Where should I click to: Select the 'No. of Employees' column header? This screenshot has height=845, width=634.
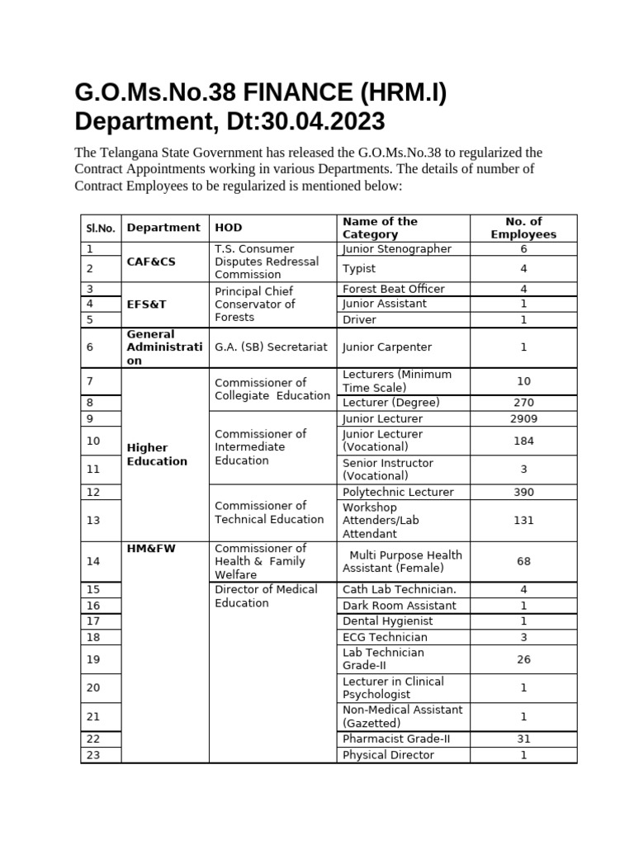coord(523,228)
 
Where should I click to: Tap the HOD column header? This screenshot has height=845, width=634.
coord(229,228)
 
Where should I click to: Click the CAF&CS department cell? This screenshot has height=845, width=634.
coord(148,262)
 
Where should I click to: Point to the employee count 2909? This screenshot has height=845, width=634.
coord(523,418)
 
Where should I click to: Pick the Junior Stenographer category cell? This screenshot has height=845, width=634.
coord(397,248)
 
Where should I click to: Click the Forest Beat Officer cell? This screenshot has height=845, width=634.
coord(394,289)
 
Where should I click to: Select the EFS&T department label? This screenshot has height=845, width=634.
coord(147,304)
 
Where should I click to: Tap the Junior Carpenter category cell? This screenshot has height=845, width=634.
coord(387,347)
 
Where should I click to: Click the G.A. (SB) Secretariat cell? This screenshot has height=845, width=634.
coord(271,347)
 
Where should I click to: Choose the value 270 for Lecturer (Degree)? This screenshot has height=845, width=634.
coord(523,403)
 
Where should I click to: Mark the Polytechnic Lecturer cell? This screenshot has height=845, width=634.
coord(398,492)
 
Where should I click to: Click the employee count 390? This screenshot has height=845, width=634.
coord(523,492)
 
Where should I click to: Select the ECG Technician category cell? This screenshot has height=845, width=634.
coord(385,637)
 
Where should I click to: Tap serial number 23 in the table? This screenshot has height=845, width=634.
coord(92,754)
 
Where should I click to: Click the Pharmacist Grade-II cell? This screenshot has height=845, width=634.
coord(396,739)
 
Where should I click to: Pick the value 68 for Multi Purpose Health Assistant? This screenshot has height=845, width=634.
coord(523,561)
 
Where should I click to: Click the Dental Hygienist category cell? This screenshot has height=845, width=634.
coord(387,621)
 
